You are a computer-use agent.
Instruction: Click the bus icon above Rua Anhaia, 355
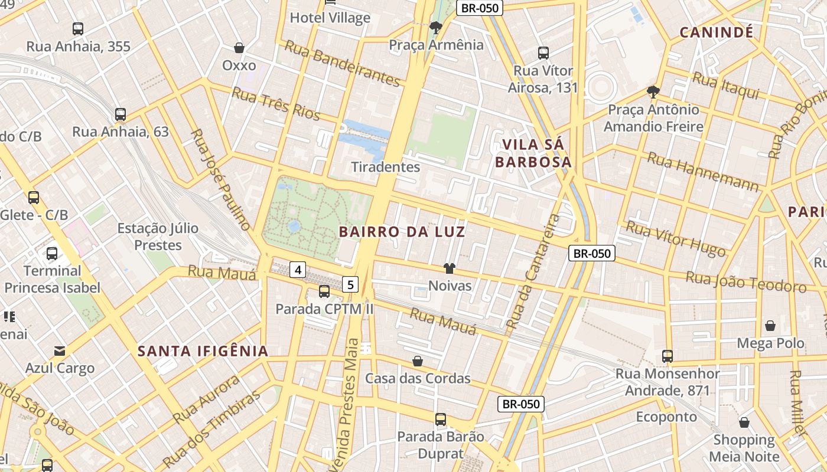coord(77,28)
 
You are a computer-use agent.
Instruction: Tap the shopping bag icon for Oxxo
coord(239,48)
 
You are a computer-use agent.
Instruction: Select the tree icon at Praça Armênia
coord(436,27)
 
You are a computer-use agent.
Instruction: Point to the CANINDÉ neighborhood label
coord(716,32)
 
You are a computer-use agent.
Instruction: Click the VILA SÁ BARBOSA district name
coord(533,153)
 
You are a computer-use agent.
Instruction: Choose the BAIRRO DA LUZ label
coord(402,232)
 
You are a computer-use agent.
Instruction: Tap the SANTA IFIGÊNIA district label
coord(203,351)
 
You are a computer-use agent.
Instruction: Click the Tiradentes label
coord(385,167)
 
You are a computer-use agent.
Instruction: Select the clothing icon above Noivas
coord(450,269)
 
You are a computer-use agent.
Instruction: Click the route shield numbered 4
coord(298,270)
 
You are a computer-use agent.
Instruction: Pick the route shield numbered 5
coord(350,284)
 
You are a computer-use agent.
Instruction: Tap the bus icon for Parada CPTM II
coord(324,291)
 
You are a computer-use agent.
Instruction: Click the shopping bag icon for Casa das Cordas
coord(418,360)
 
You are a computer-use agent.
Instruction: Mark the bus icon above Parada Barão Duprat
coord(441,419)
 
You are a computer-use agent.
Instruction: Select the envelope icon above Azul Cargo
coord(60,351)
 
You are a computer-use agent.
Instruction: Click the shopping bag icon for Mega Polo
coord(770,326)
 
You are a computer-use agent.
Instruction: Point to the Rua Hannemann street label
coord(702,172)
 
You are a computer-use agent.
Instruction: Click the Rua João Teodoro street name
coord(745,282)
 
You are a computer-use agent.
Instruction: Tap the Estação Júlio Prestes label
coord(158,236)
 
